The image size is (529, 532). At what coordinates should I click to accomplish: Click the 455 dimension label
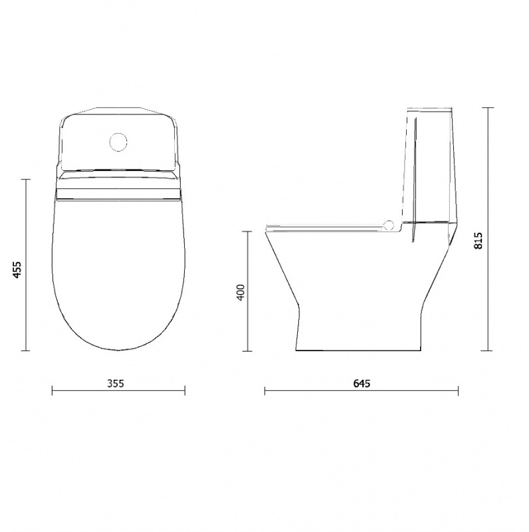[x=17, y=270]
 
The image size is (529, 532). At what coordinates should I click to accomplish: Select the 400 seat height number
[x=241, y=292]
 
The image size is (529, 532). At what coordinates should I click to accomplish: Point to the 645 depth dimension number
[x=362, y=384]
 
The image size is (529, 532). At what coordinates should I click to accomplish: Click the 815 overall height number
[x=478, y=240]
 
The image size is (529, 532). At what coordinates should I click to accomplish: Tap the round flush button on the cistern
[x=118, y=142]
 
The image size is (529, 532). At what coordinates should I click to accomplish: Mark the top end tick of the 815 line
[x=488, y=108]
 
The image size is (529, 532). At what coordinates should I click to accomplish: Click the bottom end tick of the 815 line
[x=488, y=350]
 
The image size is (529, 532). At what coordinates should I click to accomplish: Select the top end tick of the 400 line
[x=249, y=231]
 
